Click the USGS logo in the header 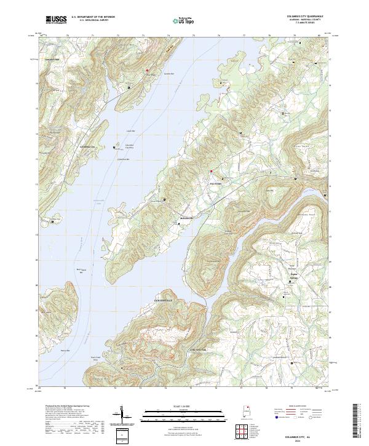55,20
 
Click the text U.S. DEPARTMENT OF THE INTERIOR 93,17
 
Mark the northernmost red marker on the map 147,71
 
